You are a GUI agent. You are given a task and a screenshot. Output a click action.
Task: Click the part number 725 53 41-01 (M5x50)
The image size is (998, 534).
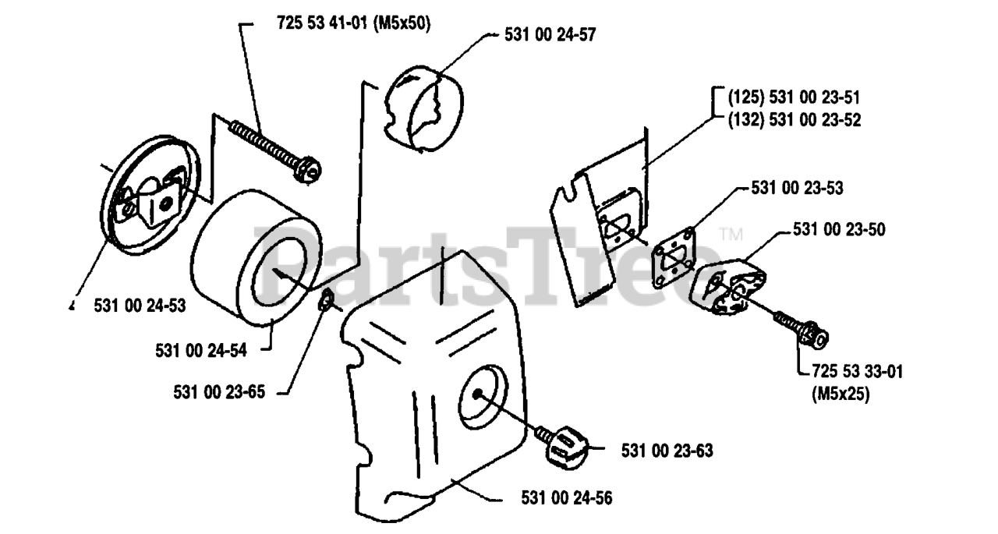pyautogui.click(x=353, y=24)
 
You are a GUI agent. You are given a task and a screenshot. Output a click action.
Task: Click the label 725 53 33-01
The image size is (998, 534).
pyautogui.click(x=857, y=372)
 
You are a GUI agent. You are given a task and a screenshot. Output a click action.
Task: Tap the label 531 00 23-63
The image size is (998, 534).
pyautogui.click(x=667, y=450)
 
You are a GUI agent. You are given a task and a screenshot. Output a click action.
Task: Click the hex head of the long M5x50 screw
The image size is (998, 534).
pyautogui.click(x=307, y=168)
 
